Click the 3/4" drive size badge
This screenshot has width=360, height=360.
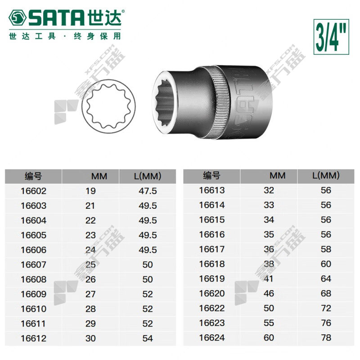click(331, 37)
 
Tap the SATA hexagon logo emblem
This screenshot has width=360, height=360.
click(18, 18)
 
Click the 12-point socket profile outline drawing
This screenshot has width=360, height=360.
click(108, 106)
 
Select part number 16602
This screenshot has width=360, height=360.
click(33, 191)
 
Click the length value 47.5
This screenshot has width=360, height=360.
click(148, 191)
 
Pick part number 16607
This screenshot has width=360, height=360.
click(33, 265)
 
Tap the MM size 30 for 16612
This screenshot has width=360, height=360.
click(90, 338)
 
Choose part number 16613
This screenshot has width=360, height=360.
click(211, 190)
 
